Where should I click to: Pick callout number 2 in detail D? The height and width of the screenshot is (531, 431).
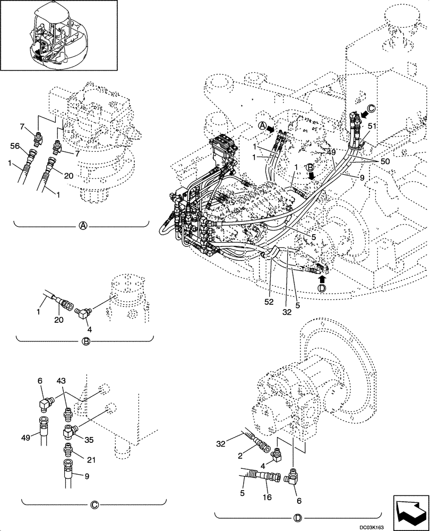(x=240, y=456)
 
